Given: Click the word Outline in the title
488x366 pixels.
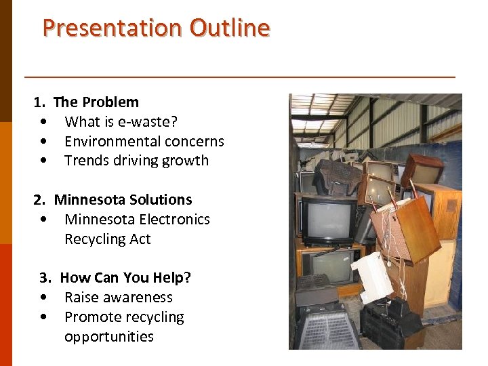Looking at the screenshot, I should click(230, 28).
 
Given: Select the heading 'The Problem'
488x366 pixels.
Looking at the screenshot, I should click(96, 102).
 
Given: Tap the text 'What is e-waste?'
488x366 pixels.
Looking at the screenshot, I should click(121, 122).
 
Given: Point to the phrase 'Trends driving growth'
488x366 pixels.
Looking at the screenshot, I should click(136, 161).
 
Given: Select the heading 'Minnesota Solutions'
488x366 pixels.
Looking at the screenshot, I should click(123, 200).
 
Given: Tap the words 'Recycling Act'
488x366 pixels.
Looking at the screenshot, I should click(107, 239).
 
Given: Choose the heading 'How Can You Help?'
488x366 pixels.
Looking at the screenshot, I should click(125, 278).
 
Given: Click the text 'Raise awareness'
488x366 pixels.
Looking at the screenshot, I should click(119, 298).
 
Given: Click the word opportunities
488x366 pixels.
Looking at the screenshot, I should click(109, 337).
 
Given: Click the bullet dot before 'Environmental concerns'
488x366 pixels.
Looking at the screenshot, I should click(43, 142).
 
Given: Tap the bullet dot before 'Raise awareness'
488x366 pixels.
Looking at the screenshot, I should click(43, 298).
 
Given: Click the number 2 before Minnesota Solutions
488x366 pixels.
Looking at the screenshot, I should click(38, 200).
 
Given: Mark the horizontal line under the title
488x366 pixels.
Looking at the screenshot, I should click(239, 77).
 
